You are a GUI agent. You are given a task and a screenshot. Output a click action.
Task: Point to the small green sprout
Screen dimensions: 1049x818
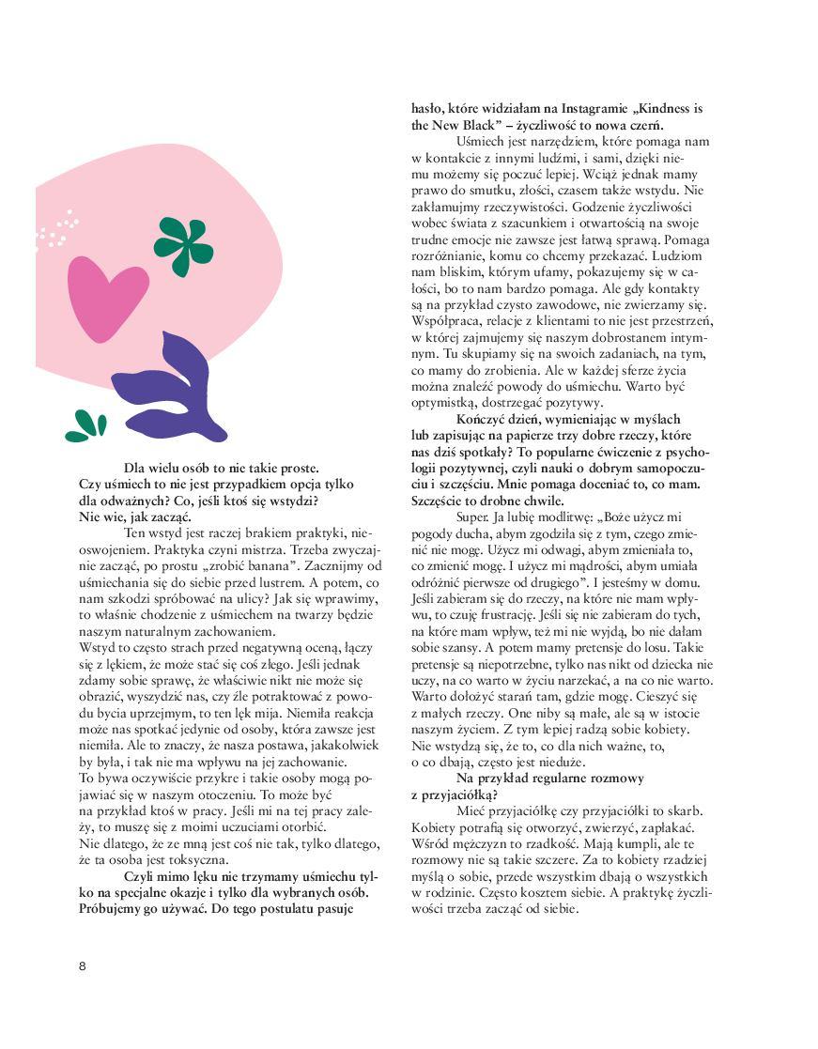point(85,425)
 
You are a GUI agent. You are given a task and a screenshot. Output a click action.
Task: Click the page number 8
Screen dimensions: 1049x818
point(83,966)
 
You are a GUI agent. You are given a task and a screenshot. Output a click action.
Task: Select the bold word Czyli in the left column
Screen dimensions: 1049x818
point(141,876)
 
